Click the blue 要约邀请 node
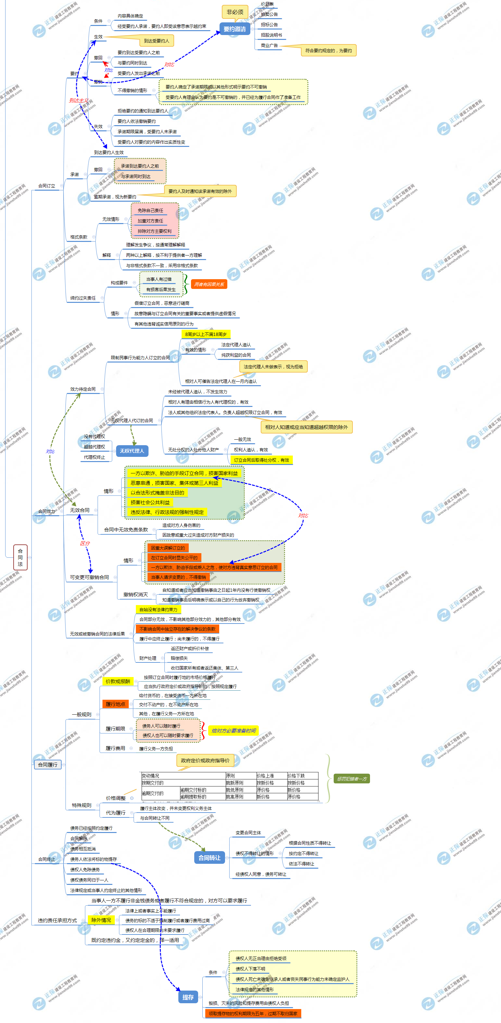[x=234, y=29]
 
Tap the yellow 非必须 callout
[x=235, y=12]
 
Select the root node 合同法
[x=20, y=557]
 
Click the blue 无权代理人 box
[x=132, y=451]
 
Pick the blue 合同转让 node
[x=209, y=858]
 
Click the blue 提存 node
[x=188, y=997]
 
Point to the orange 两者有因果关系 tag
[x=209, y=284]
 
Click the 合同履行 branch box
[x=48, y=765]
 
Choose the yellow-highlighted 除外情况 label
[x=101, y=920]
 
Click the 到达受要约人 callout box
[x=157, y=41]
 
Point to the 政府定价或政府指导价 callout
[x=205, y=760]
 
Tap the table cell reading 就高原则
[x=234, y=797]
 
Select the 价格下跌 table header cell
[x=296, y=776]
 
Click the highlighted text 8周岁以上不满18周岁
[x=206, y=334]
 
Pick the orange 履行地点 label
[x=115, y=704]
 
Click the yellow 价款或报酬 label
[x=118, y=682]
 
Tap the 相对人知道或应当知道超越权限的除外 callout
[x=306, y=427]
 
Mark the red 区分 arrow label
[x=85, y=543]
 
